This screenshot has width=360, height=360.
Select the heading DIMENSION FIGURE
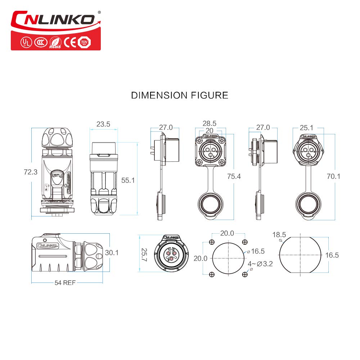coord(179,95)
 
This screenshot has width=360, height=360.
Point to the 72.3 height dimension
coord(31,172)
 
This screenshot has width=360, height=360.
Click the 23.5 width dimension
coord(103,125)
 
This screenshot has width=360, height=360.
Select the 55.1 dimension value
coord(128,180)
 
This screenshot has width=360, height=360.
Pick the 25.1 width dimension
coord(306,127)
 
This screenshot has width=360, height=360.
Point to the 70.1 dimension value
coord(333,176)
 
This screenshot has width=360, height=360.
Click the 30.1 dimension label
coord(112,253)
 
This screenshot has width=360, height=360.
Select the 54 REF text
coord(65,283)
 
